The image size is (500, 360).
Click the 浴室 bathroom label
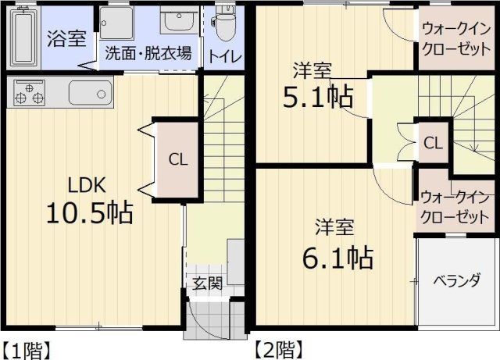point(66,39)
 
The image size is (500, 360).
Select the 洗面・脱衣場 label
point(148,54)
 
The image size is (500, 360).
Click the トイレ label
point(223,57)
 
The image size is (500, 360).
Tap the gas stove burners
point(28,94)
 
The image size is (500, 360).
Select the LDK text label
point(87,185)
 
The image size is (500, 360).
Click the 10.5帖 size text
point(88,212)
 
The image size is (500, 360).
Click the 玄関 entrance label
point(208,283)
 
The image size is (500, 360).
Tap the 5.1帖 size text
point(316,97)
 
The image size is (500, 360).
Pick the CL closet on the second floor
point(433,143)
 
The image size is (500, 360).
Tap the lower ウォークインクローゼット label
point(454,206)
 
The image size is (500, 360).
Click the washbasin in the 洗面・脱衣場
point(179,20)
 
